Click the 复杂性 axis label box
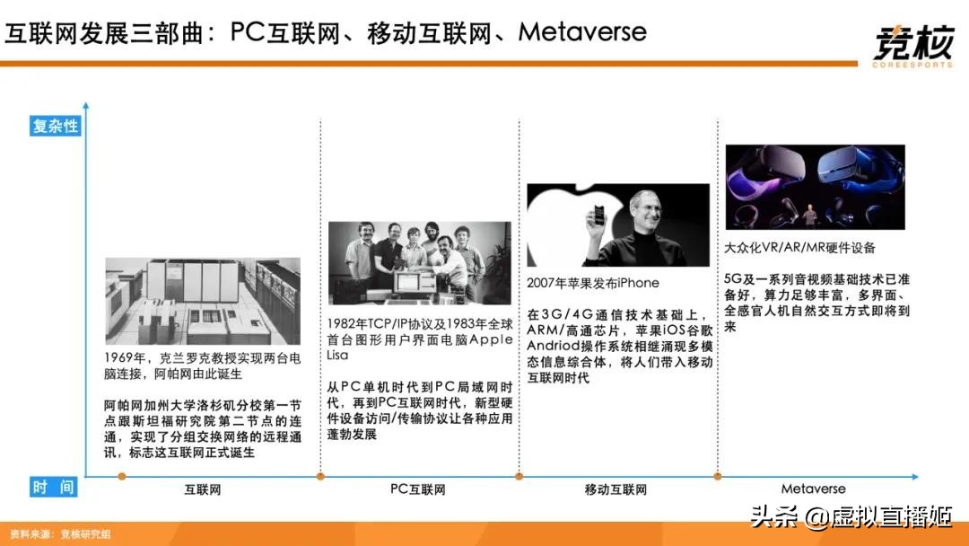coord(55,127)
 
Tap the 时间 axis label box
coord(54,488)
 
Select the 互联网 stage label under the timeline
coord(202,489)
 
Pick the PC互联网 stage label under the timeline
coord(417,489)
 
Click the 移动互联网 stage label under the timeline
coord(615,489)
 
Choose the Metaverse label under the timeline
coord(813,489)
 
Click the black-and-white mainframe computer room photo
coord(203,301)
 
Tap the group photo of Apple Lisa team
coord(419,261)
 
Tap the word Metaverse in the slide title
coord(582,32)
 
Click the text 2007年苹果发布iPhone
coord(593,283)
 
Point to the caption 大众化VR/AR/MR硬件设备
coord(799,247)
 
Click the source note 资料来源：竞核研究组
coord(61,534)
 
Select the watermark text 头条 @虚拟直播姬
coord(851,516)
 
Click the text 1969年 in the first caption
coord(126,358)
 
